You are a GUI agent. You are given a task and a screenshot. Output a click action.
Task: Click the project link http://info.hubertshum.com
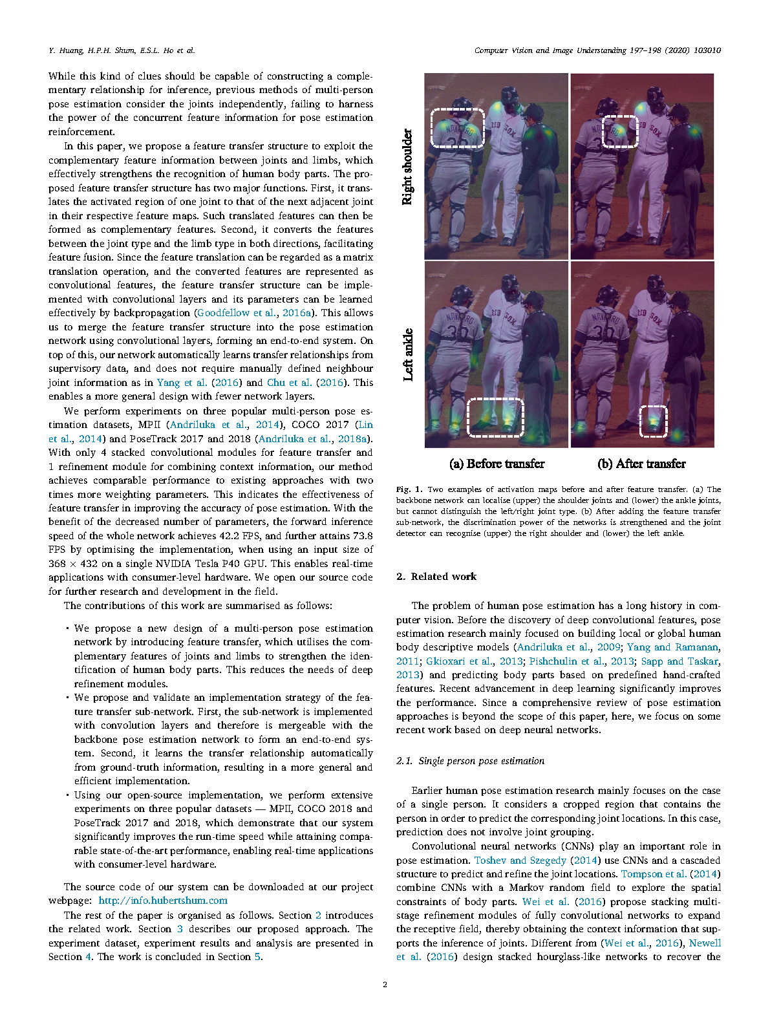pyautogui.click(x=163, y=901)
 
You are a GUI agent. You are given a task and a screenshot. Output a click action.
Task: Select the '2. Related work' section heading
pyautogui.click(x=436, y=577)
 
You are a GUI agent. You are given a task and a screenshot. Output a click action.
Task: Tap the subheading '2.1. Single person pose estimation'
pyautogui.click(x=471, y=761)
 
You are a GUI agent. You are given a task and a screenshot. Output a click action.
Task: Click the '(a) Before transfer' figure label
pyautogui.click(x=497, y=464)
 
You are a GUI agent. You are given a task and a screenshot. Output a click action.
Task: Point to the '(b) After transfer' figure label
pyautogui.click(x=641, y=464)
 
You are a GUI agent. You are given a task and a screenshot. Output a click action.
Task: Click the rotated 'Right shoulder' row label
pyautogui.click(x=407, y=167)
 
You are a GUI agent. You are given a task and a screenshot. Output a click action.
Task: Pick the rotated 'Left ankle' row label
pyautogui.click(x=407, y=354)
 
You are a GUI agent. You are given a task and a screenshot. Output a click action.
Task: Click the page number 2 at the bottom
pyautogui.click(x=385, y=985)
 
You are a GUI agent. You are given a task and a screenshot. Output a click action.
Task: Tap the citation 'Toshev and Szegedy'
pyautogui.click(x=520, y=860)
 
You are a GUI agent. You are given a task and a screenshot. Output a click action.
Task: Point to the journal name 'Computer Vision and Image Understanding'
pyautogui.click(x=550, y=50)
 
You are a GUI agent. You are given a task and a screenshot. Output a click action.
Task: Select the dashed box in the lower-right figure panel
pyautogui.click(x=653, y=421)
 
